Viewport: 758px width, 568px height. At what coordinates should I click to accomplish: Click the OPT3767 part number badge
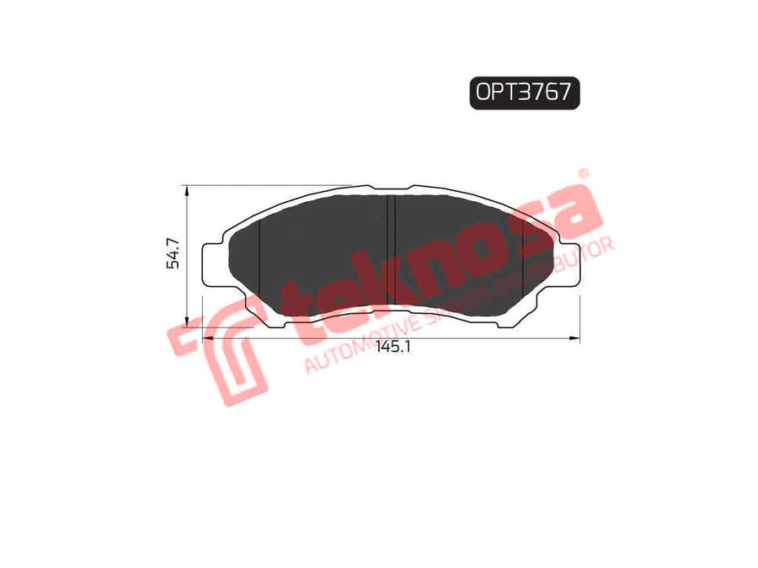coord(525,93)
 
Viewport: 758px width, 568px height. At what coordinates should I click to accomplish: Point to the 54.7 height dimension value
coord(173,253)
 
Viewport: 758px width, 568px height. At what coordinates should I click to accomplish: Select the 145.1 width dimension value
coord(392,347)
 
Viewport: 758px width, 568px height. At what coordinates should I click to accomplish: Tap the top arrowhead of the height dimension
coord(187,191)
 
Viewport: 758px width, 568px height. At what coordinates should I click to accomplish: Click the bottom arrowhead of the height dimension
coord(187,321)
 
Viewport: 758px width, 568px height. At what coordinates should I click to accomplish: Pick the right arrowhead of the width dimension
coord(574,338)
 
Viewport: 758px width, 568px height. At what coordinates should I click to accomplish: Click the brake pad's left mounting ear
coord(213,265)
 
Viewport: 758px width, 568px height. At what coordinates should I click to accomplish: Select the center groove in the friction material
coord(391,250)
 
